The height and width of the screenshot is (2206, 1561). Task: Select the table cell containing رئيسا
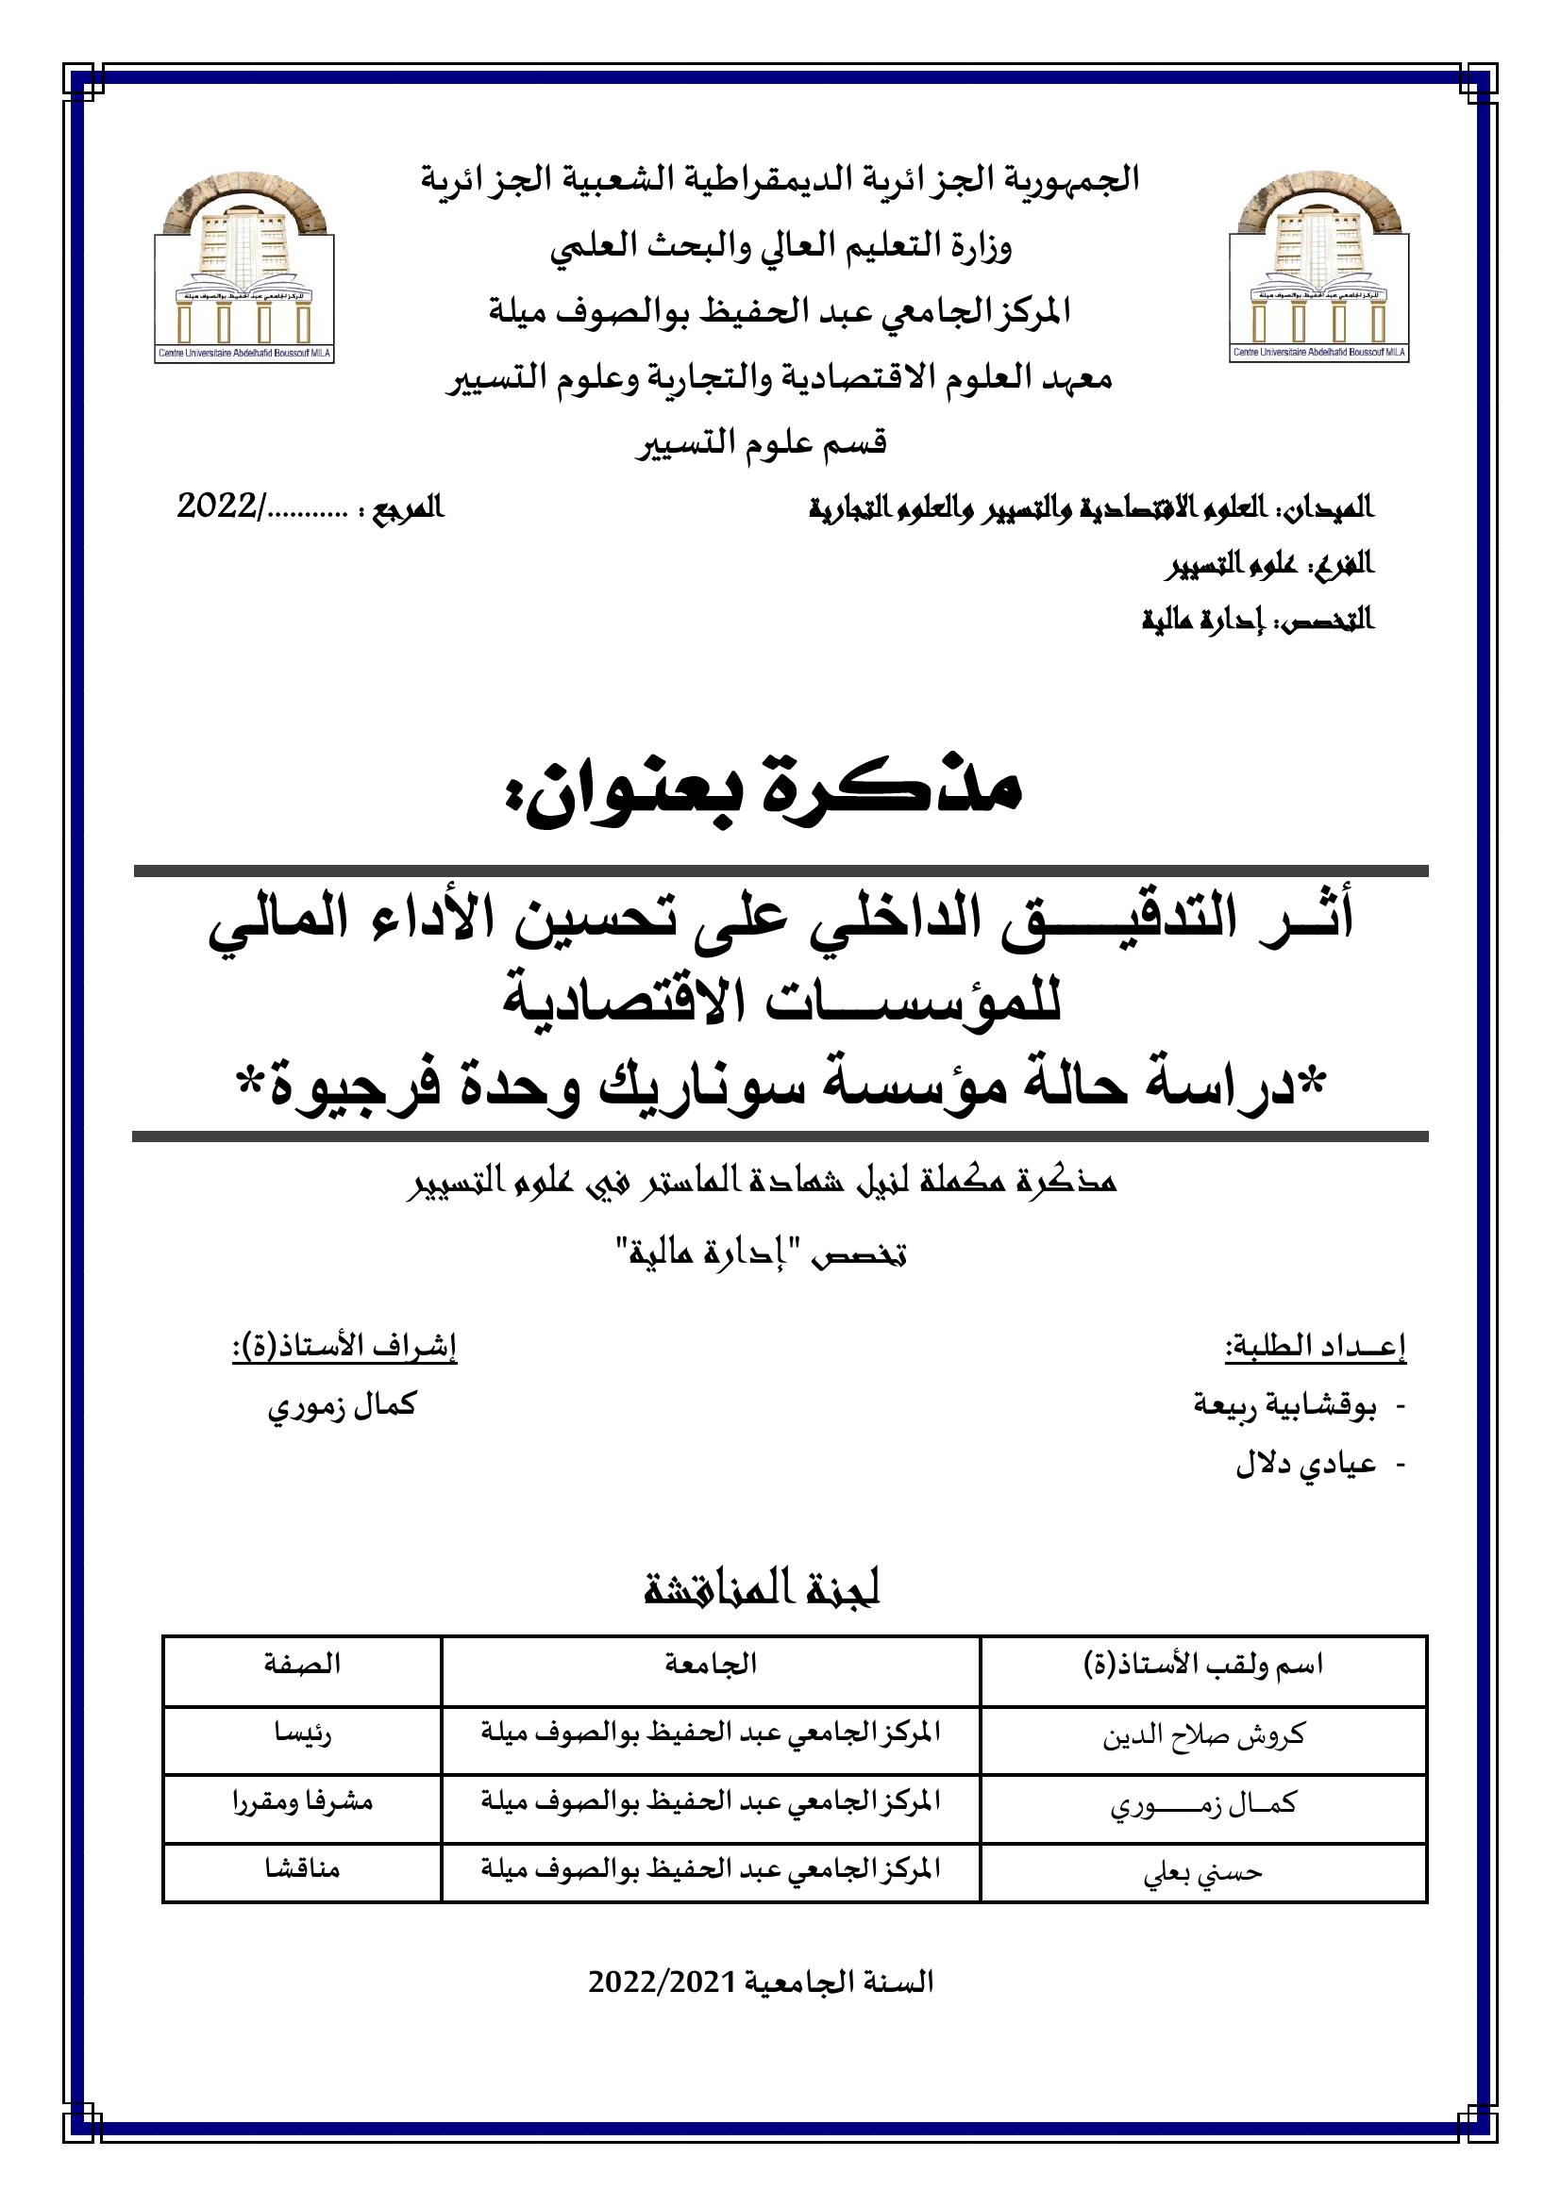point(302,1736)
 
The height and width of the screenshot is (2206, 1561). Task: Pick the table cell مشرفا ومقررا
point(302,1803)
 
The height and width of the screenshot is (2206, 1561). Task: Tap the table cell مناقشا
point(302,1869)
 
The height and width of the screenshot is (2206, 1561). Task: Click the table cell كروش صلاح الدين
point(1203,1737)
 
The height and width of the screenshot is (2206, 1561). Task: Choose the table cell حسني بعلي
point(1203,1871)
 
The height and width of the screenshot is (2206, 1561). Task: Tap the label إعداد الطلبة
point(1315,1348)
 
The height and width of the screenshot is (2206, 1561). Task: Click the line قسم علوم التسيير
point(762,443)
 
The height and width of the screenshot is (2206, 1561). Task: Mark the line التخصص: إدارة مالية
point(1257,620)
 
